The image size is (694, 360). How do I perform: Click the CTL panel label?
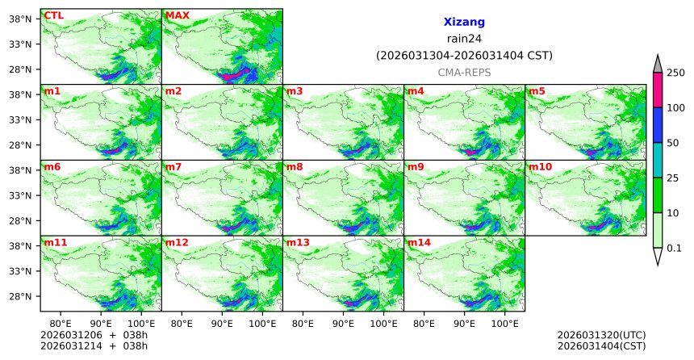click(x=52, y=15)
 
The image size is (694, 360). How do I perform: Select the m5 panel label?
click(x=537, y=91)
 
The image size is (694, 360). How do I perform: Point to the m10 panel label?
click(x=540, y=167)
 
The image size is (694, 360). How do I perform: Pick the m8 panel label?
click(x=295, y=167)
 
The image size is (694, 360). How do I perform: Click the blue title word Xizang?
click(x=464, y=23)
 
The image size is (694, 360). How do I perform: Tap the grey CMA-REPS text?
click(x=464, y=73)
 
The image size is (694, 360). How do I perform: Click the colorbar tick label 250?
click(x=675, y=73)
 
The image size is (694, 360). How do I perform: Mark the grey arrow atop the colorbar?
click(x=658, y=65)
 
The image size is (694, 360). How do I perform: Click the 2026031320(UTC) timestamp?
click(x=601, y=334)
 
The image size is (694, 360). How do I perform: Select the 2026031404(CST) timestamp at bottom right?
click(x=601, y=345)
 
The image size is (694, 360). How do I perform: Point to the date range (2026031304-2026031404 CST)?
click(x=464, y=56)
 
